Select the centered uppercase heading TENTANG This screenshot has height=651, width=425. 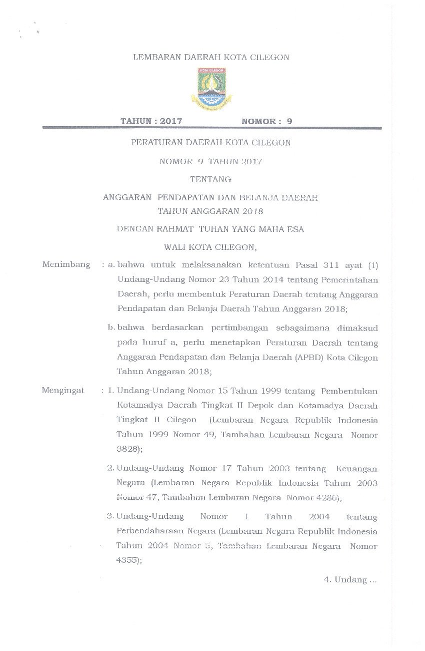tap(210, 179)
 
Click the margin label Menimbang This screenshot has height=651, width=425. tap(66, 264)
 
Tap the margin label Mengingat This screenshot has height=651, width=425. tap(63, 390)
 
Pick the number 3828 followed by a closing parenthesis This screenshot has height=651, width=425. tap(127, 449)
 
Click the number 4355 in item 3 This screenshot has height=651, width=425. tap(127, 561)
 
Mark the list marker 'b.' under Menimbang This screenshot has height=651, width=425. tap(111, 328)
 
